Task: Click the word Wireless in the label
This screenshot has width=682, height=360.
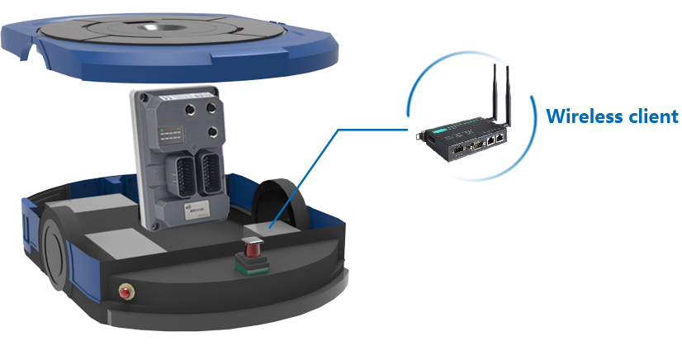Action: [x=582, y=116]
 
